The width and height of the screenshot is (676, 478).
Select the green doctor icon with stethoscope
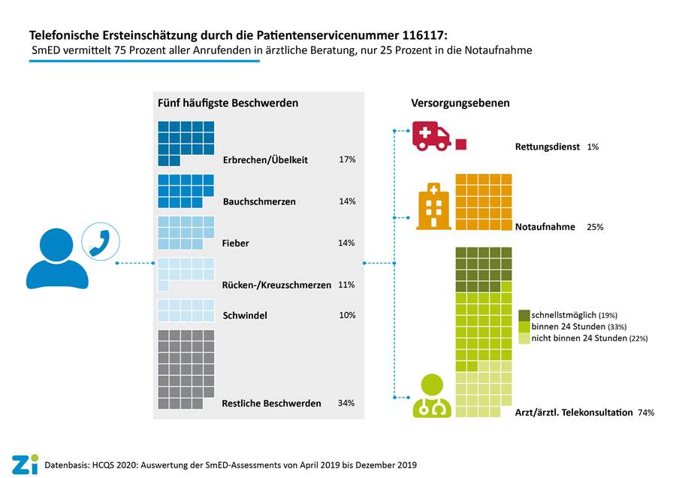pos(432,395)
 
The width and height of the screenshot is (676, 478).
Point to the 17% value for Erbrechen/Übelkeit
pos(347,160)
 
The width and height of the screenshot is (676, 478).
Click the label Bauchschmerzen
pos(259,202)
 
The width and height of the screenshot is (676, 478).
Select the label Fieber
pos(236,244)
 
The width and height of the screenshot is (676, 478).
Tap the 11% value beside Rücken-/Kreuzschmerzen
pos(347,285)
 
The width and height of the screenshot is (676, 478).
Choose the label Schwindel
pos(245,316)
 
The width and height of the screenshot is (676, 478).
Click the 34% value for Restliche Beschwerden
pos(346,404)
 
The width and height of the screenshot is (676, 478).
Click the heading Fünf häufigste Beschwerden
pos(228,102)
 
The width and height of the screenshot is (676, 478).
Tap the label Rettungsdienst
pos(548,147)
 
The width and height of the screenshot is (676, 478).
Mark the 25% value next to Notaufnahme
pos(595,226)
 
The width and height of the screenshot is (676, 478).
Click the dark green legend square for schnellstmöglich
pos(524,314)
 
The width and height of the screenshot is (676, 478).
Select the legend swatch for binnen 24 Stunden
pos(524,326)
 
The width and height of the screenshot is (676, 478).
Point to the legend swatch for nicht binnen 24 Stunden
pos(524,338)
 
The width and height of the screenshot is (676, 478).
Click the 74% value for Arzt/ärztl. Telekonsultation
pos(646,413)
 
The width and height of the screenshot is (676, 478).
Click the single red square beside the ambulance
pos(460,144)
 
